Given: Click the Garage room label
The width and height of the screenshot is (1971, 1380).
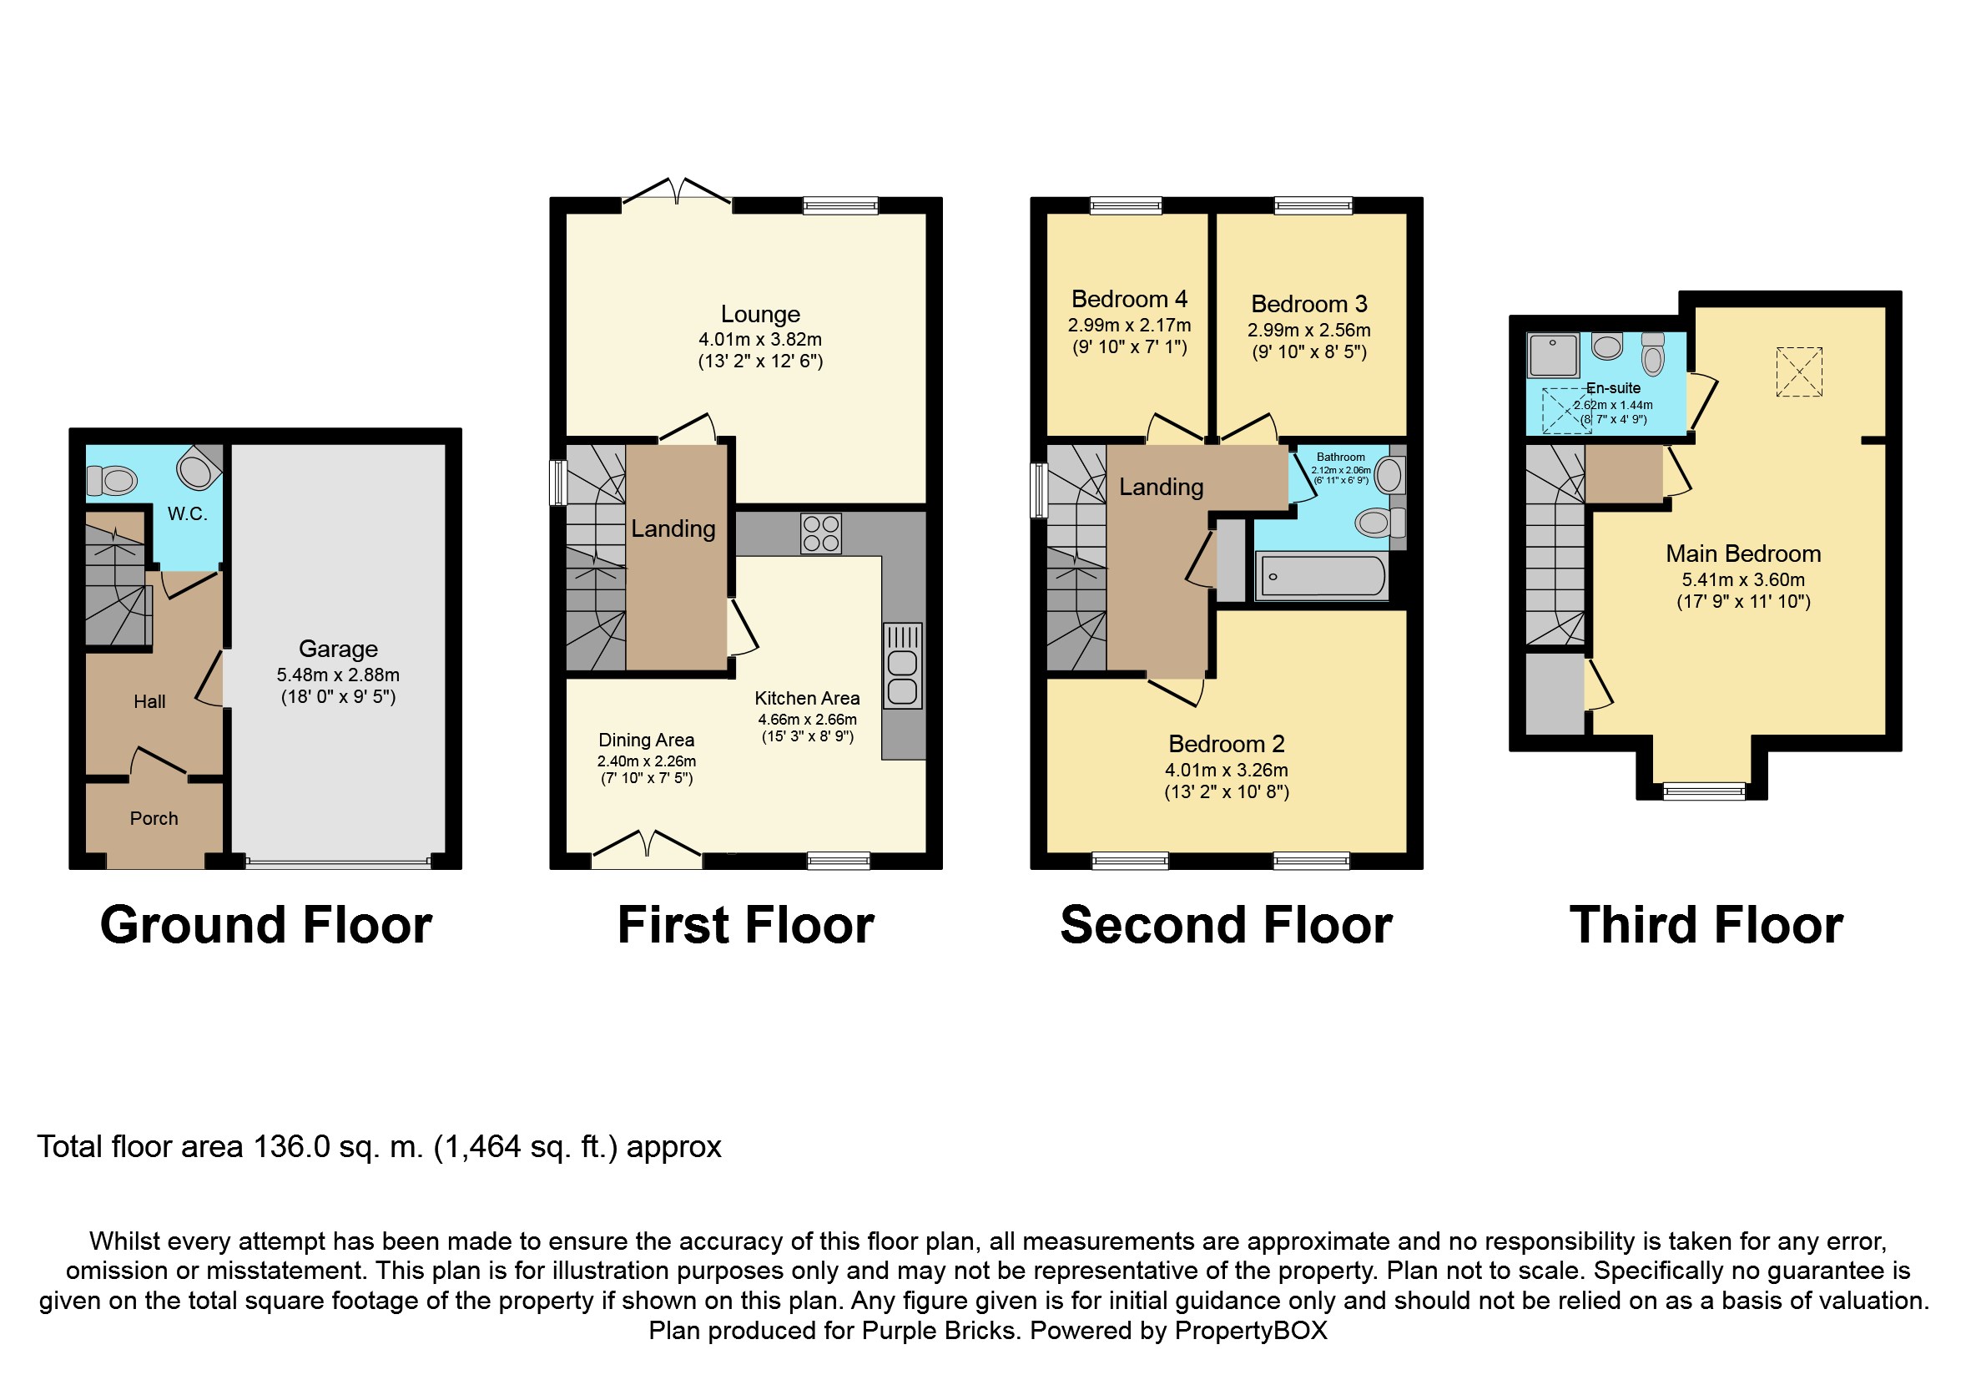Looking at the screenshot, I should point(338,650).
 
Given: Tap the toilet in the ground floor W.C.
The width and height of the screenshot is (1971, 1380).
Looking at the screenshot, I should point(113,480).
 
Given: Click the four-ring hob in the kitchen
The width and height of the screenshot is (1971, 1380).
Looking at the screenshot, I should point(820,533).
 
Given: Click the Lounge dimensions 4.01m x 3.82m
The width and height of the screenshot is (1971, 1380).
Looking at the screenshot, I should point(759,339).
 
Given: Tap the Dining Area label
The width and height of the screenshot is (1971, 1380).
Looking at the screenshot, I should point(646,741).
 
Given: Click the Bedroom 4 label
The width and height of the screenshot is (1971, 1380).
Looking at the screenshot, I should point(1129,299).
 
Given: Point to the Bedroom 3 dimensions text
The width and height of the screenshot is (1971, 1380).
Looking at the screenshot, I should point(1308,331).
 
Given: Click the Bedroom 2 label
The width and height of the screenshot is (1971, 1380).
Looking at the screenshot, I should point(1226,744).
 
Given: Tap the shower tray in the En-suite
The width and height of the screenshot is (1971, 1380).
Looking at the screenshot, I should point(1553,355).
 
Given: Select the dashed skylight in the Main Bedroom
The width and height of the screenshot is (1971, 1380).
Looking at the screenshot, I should point(1798,372).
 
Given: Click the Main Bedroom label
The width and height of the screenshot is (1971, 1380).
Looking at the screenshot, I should point(1742,554).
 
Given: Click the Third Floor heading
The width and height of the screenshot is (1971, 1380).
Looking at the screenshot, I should point(1706,926).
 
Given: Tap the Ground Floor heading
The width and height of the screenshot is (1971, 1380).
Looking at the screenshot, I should point(266,926).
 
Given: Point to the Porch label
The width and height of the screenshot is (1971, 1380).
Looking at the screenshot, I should point(154,818).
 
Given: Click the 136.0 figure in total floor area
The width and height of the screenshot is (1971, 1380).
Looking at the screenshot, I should point(291,1147).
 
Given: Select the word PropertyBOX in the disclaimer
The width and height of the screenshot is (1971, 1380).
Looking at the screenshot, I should point(1251,1330).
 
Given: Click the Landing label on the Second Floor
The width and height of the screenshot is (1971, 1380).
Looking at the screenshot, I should point(1161,487).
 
